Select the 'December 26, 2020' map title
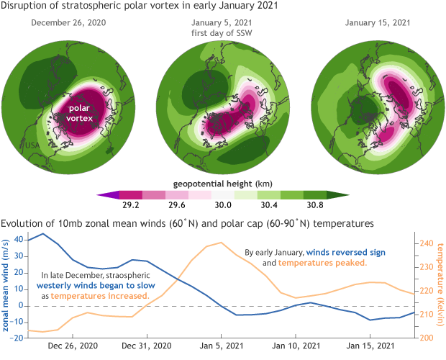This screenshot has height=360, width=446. click(73, 22)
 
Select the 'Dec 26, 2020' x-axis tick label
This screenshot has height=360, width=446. click(72, 346)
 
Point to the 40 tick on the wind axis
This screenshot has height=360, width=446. click(19, 240)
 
